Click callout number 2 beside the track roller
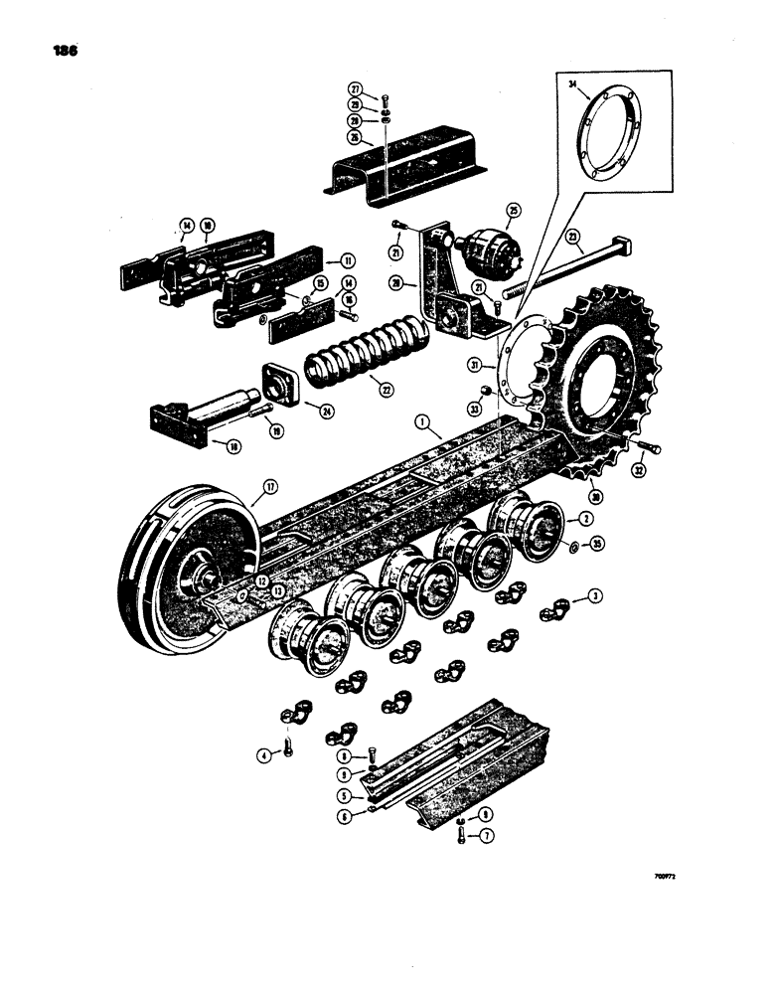pos(587,520)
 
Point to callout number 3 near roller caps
pos(595,596)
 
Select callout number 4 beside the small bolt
pos(262,754)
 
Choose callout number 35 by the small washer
pos(596,546)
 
